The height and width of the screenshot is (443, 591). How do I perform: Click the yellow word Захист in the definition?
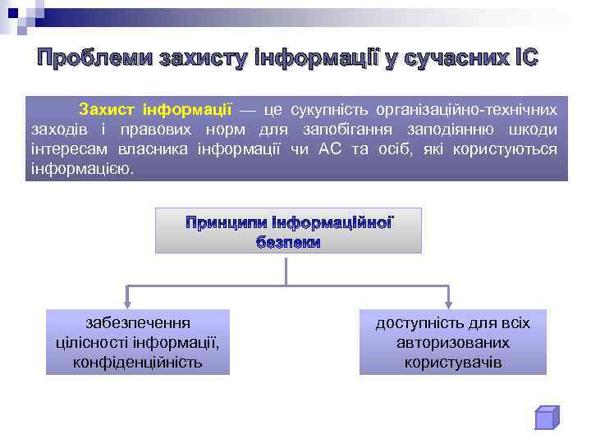[x=107, y=109]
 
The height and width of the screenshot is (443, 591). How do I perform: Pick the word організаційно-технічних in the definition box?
[x=467, y=109]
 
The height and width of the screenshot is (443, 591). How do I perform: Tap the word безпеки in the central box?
[x=288, y=243]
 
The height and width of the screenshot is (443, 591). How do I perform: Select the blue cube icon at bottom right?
[x=546, y=418]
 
